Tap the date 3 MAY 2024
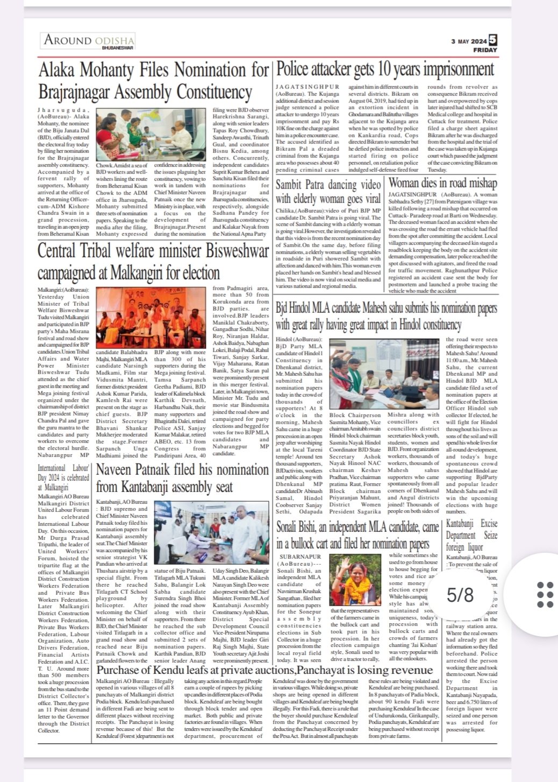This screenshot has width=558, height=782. pos(469,41)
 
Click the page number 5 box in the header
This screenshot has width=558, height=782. pos(493,40)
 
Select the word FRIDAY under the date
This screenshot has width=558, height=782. pos(485,50)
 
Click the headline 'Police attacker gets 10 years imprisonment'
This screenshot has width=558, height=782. pos(385,70)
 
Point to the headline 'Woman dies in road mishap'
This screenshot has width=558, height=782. pos(442,183)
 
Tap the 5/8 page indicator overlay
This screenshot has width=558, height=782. pos(460,595)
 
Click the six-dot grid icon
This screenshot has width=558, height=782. pos(545,595)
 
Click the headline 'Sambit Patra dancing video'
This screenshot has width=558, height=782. pos(328,185)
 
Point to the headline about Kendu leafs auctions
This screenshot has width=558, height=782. pos(264,670)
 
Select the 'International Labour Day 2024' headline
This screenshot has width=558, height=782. pos(63,477)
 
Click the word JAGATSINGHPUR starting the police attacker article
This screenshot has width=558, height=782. pos(307,87)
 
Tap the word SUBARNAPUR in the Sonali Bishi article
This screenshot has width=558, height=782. pos(300,556)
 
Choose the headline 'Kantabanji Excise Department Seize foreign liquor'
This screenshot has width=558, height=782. pos(471,535)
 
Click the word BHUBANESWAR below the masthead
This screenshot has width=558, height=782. pos(118,48)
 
